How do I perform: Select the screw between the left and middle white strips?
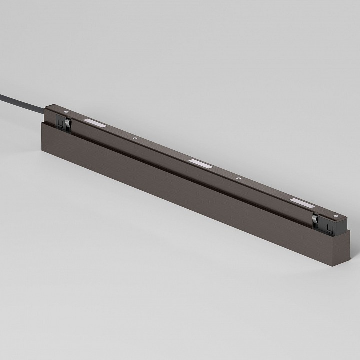point(133,138)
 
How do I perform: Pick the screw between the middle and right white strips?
point(238,178)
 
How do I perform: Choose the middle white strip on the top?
point(201,162)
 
